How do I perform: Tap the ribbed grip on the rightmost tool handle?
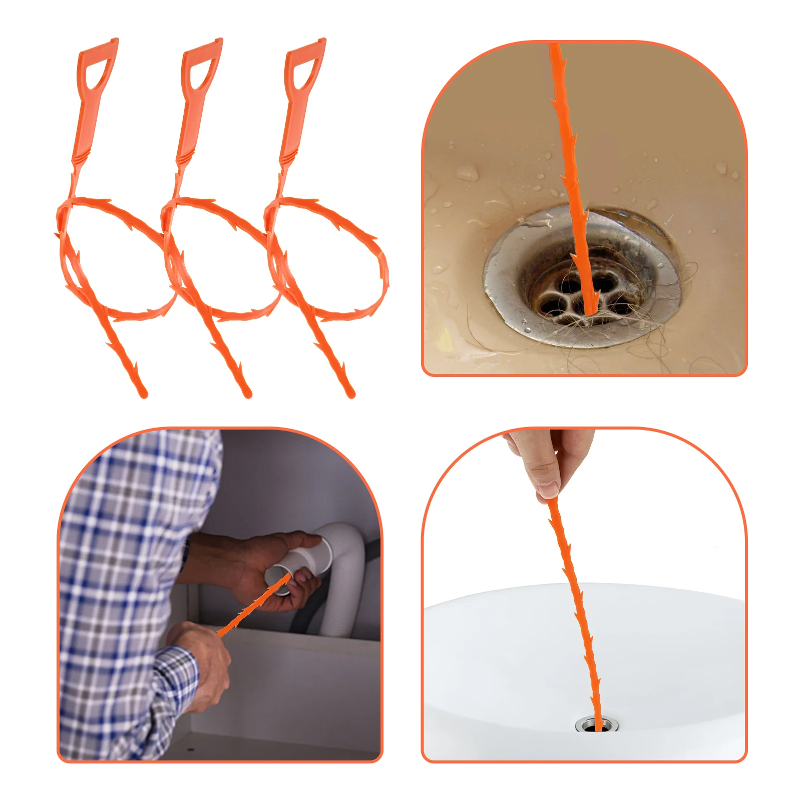287,158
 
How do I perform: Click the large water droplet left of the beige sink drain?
468,173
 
